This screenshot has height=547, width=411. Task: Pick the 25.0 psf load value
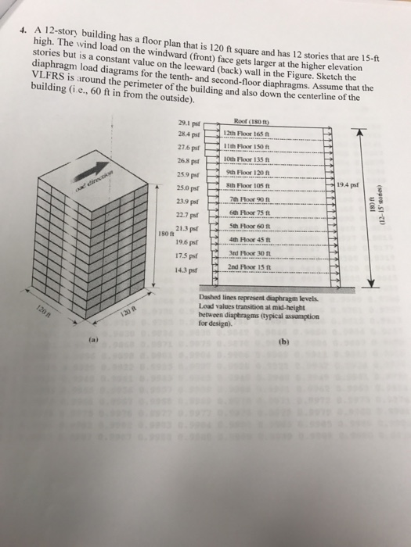188,184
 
